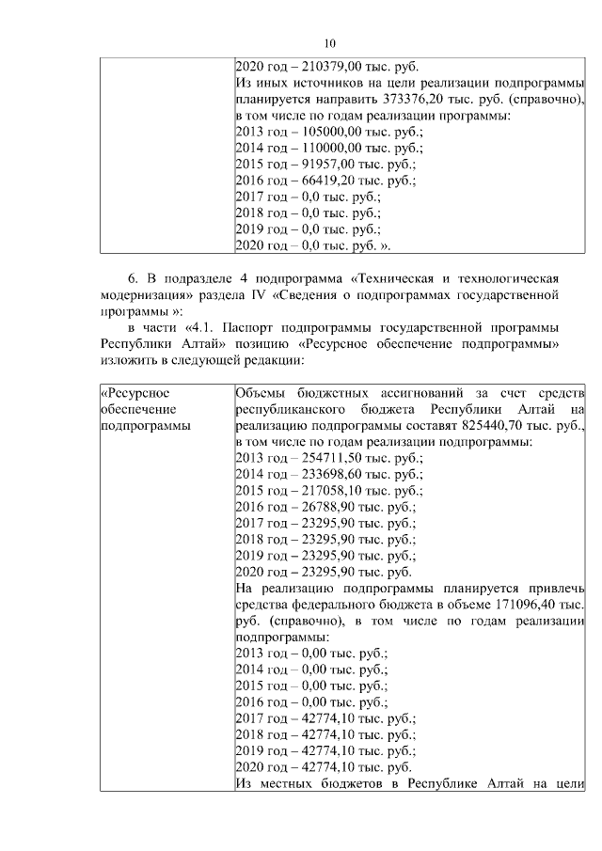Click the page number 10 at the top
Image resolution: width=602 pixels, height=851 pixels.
pos(329,43)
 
